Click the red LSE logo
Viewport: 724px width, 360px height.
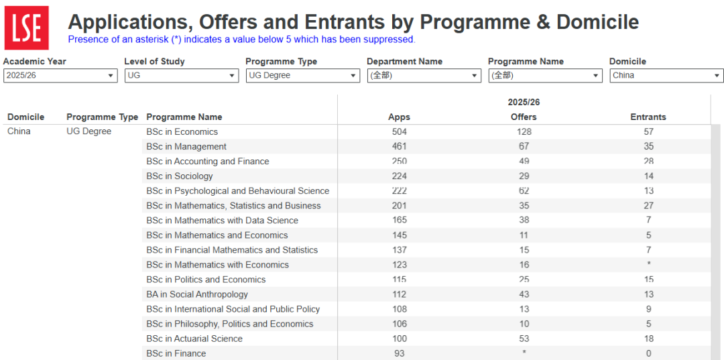click(26, 27)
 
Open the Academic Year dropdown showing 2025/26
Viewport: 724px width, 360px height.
click(60, 76)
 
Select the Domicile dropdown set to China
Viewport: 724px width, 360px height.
click(666, 76)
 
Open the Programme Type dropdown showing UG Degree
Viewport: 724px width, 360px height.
click(302, 76)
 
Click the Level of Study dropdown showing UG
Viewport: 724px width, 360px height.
click(182, 76)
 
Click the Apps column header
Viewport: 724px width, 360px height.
click(400, 117)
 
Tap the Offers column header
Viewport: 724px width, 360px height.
click(524, 117)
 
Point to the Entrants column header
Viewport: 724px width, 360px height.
click(648, 117)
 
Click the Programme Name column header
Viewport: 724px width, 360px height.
click(184, 117)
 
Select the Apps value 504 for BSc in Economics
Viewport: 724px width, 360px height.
click(400, 132)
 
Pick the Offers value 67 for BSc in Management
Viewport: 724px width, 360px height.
click(524, 147)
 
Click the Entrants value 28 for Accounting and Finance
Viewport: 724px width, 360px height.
click(648, 162)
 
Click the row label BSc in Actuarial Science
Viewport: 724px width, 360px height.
click(194, 339)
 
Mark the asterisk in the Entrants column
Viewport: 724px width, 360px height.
click(648, 264)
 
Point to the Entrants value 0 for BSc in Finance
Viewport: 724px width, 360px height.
click(648, 353)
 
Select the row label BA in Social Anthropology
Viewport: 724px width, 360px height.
click(197, 294)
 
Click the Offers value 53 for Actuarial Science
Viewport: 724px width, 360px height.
click(524, 339)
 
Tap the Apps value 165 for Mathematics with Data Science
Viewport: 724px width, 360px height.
click(400, 221)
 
